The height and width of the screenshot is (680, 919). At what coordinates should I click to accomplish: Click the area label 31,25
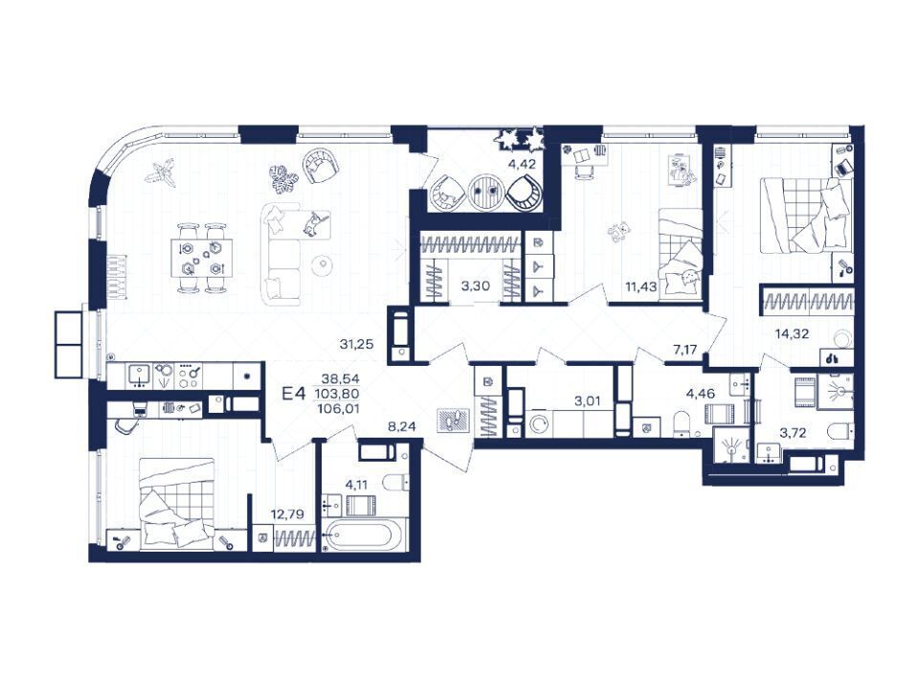click(x=356, y=345)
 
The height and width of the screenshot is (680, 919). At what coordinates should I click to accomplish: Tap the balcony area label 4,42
click(x=522, y=164)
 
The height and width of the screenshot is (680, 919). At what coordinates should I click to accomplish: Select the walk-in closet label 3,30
click(x=476, y=286)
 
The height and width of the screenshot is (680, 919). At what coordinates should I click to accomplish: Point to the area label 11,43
click(x=641, y=286)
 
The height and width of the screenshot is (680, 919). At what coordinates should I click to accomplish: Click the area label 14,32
click(x=792, y=334)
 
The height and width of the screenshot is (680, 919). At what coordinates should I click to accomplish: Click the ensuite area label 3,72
click(x=793, y=433)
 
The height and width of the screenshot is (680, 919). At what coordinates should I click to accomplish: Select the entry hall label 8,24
click(x=401, y=427)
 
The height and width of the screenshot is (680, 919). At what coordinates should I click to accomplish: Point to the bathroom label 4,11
click(x=357, y=485)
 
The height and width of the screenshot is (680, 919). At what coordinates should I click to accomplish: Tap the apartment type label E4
click(x=294, y=394)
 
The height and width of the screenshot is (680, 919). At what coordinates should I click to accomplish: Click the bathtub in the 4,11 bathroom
click(x=365, y=535)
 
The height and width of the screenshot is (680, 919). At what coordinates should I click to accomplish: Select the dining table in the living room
click(x=202, y=258)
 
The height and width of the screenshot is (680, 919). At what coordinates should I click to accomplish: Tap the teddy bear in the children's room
click(x=618, y=232)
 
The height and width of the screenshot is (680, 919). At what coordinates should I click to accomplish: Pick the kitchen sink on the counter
click(x=138, y=375)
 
